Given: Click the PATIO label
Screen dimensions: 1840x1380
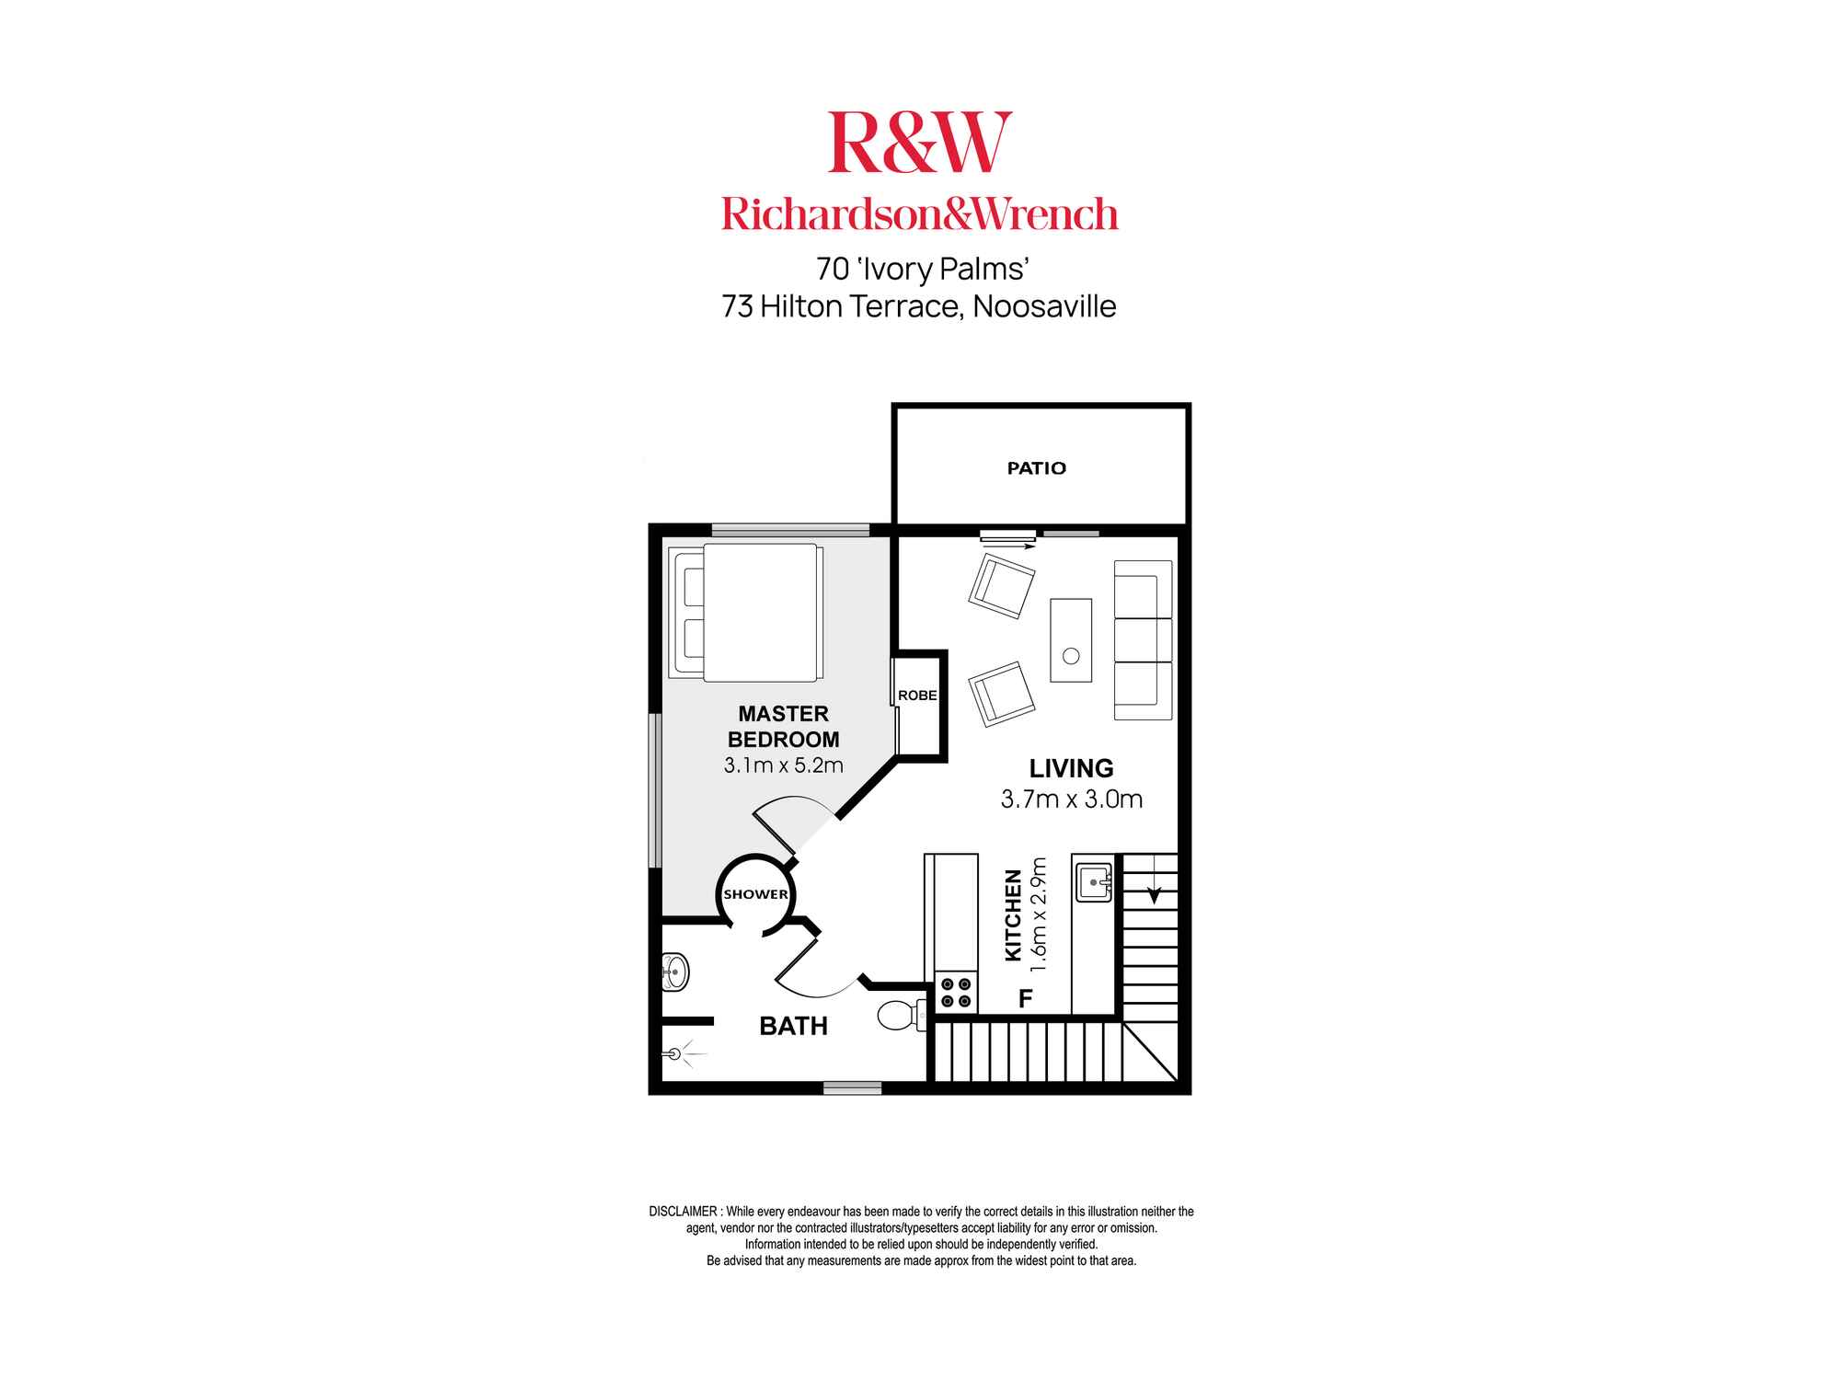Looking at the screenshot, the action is pyautogui.click(x=1036, y=468).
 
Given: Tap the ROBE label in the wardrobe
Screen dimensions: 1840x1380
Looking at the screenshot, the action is pyautogui.click(x=917, y=696).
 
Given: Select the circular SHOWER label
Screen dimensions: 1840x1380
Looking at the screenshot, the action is pyautogui.click(x=755, y=894).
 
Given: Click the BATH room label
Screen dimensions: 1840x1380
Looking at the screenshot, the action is pyautogui.click(x=793, y=1026).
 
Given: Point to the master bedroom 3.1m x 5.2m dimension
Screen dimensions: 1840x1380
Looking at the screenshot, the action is pyautogui.click(x=783, y=765).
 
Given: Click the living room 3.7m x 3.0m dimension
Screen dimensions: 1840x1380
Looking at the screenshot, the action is pyautogui.click(x=1072, y=799).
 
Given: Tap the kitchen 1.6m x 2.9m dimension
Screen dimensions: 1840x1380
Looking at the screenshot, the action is pyautogui.click(x=1040, y=914).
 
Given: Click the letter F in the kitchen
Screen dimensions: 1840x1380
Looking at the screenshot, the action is pyautogui.click(x=1026, y=998).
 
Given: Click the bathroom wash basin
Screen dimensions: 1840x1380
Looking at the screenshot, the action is pyautogui.click(x=675, y=971).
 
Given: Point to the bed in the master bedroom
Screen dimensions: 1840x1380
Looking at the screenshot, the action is pyautogui.click(x=746, y=612).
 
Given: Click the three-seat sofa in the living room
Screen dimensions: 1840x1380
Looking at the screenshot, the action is pyautogui.click(x=1144, y=640).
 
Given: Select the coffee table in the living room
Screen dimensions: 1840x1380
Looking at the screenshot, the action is pyautogui.click(x=1071, y=640).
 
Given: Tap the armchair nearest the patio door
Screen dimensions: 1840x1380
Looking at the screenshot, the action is pyautogui.click(x=1002, y=585).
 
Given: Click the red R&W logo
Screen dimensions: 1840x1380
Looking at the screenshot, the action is pyautogui.click(x=920, y=142).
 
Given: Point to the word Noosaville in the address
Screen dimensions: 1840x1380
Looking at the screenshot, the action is pyautogui.click(x=1044, y=306).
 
